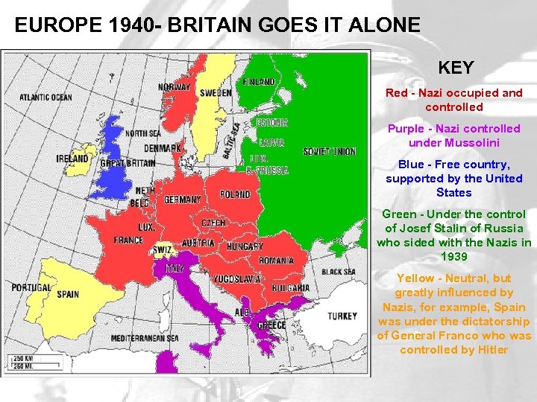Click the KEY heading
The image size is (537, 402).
pos(455,68)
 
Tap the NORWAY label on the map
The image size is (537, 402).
pos(175,87)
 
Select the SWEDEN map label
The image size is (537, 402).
pos(216,93)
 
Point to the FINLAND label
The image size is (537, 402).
pos(259,81)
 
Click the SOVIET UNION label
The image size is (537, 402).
pos(329,151)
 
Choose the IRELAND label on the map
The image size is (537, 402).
pos(73,159)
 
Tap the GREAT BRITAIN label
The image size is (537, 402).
pos(128,164)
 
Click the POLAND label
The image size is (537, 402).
pos(235,195)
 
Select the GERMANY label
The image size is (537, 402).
pos(182,200)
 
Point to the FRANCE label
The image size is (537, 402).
pos(128,240)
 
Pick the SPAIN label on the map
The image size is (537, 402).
pos(67,294)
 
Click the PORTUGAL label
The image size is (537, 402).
pos(31,287)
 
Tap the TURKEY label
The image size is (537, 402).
pos(342,316)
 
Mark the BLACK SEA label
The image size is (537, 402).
pos(338,272)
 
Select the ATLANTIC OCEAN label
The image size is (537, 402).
pos(45,98)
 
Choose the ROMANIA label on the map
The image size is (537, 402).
pos(277,261)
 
